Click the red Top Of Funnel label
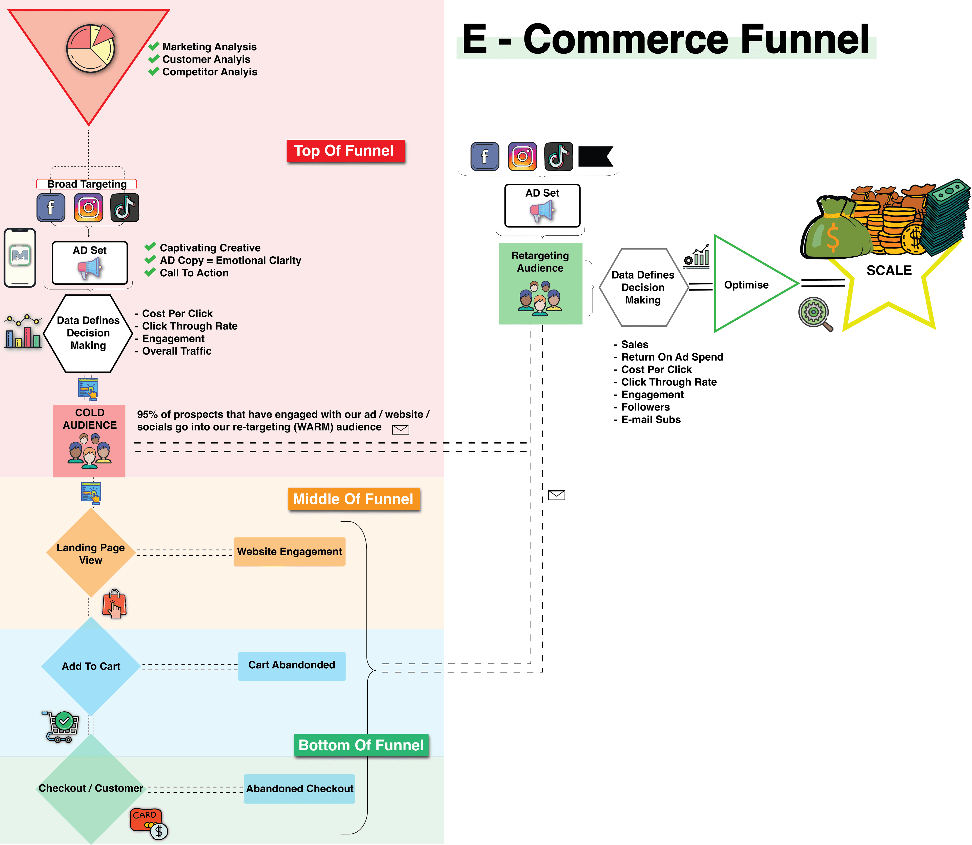345,151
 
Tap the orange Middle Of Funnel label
353,499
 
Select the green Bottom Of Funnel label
361,745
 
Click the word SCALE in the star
888,271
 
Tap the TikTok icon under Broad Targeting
125,208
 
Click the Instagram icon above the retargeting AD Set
522,156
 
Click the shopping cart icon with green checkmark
60,726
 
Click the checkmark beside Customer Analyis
154,59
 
